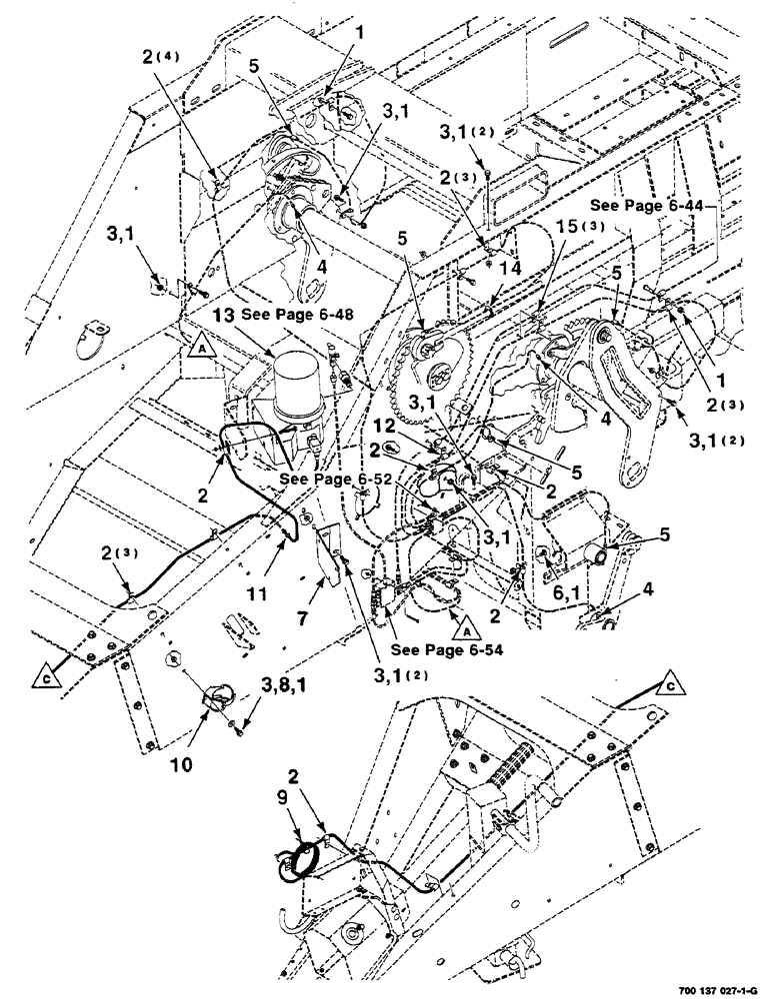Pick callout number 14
pos(511,268)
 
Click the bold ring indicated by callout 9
pos(302,861)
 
